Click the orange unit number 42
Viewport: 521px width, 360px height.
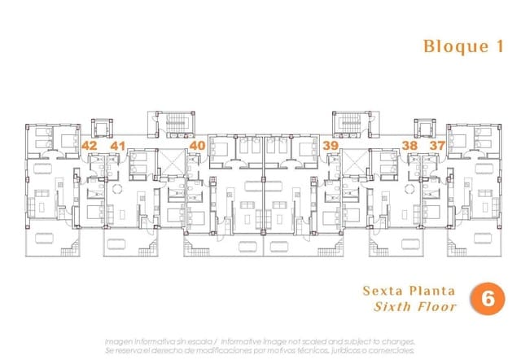pyautogui.click(x=90, y=145)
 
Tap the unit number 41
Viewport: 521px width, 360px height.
pyautogui.click(x=117, y=145)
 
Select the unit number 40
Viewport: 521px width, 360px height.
pyautogui.click(x=197, y=145)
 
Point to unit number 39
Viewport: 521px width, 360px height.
pyautogui.click(x=331, y=145)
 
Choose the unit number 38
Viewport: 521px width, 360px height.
pyautogui.click(x=410, y=145)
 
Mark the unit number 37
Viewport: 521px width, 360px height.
pyautogui.click(x=437, y=145)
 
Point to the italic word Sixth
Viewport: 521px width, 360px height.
pyautogui.click(x=392, y=307)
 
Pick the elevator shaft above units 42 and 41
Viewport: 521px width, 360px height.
pyautogui.click(x=103, y=129)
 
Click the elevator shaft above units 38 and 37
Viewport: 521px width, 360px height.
pyautogui.click(x=423, y=129)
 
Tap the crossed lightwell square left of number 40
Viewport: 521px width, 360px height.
pyautogui.click(x=173, y=159)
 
